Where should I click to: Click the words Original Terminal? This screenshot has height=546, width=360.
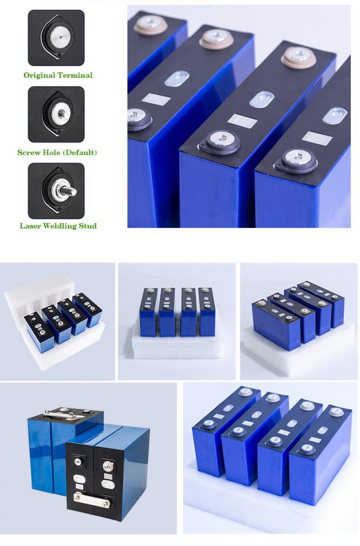coord(58,75)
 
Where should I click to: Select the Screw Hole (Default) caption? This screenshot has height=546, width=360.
coord(57,152)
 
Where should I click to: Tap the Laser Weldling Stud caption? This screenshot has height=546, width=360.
coord(58,226)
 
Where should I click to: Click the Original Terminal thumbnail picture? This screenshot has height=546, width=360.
coord(56,38)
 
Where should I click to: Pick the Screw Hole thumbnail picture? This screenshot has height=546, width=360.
coord(56,114)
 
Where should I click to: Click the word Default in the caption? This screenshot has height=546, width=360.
coord(79,152)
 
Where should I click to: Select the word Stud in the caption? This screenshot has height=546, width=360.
coord(88,226)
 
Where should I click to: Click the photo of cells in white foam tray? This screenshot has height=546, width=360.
coord(57,321)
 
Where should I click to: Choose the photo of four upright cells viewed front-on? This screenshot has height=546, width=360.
coord(177,321)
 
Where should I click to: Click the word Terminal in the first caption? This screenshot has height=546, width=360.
coord(75,75)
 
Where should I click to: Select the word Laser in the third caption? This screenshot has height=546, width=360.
coord(30,226)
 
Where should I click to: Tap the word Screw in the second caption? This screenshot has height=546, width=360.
coord(28,152)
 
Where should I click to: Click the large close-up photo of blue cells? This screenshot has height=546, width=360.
coord(239,116)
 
